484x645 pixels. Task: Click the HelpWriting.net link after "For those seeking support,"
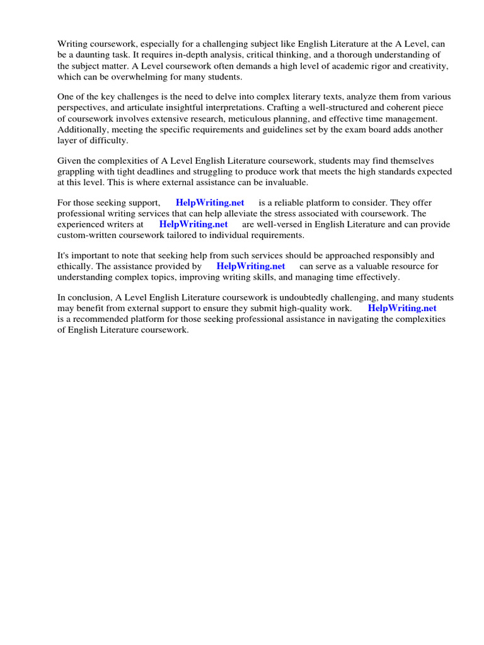pos(210,203)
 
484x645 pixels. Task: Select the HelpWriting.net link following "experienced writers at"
pos(193,224)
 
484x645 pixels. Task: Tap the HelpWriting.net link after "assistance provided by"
pos(251,266)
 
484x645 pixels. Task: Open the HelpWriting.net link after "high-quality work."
pos(402,309)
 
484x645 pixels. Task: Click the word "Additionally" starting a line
pos(81,129)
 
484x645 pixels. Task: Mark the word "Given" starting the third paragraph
pos(69,161)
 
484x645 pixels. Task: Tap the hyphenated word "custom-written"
pos(87,235)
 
